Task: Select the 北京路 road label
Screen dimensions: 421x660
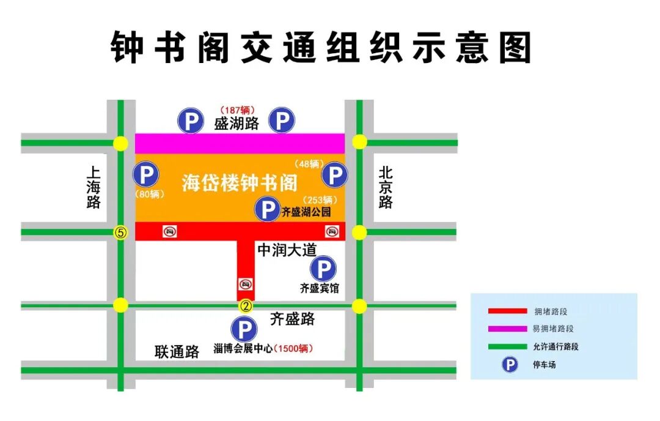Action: pyautogui.click(x=385, y=187)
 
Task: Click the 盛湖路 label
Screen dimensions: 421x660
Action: pyautogui.click(x=237, y=124)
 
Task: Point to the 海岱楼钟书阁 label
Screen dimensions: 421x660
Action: pyautogui.click(x=240, y=183)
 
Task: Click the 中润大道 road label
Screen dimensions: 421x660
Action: pyautogui.click(x=286, y=250)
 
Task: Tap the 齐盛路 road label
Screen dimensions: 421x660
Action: pyautogui.click(x=293, y=319)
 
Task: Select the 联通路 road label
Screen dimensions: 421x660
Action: pyautogui.click(x=177, y=352)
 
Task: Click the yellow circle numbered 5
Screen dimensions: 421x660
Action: pyautogui.click(x=121, y=233)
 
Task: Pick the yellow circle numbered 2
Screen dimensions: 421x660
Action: pyautogui.click(x=246, y=305)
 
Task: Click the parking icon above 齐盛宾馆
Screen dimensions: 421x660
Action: pyautogui.click(x=323, y=269)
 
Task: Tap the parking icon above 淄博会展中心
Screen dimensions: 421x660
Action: pyautogui.click(x=244, y=330)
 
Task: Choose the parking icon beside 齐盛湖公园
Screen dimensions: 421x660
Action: pyautogui.click(x=267, y=210)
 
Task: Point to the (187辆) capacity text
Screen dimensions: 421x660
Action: pyautogui.click(x=237, y=110)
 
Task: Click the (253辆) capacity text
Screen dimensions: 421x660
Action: pyautogui.click(x=319, y=199)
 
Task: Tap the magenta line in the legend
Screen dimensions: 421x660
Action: pyautogui.click(x=507, y=329)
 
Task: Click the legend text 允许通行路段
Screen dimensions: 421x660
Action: pyautogui.click(x=555, y=346)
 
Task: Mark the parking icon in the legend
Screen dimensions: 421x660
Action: pyautogui.click(x=510, y=365)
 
